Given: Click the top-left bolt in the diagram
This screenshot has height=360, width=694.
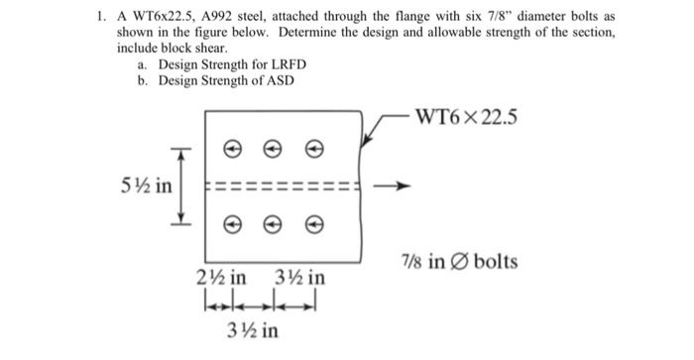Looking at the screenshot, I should (x=232, y=150).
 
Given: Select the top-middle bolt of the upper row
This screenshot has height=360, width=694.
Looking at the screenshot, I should (x=273, y=150).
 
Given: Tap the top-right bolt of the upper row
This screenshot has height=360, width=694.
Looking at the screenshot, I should (x=313, y=150).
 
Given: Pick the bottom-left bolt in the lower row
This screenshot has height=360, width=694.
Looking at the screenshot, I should (x=232, y=225).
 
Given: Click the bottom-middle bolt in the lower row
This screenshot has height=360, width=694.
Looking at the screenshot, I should (x=273, y=225).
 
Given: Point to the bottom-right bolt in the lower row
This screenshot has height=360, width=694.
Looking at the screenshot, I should (x=313, y=225).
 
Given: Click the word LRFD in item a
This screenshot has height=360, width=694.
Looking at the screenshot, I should (x=284, y=64).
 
